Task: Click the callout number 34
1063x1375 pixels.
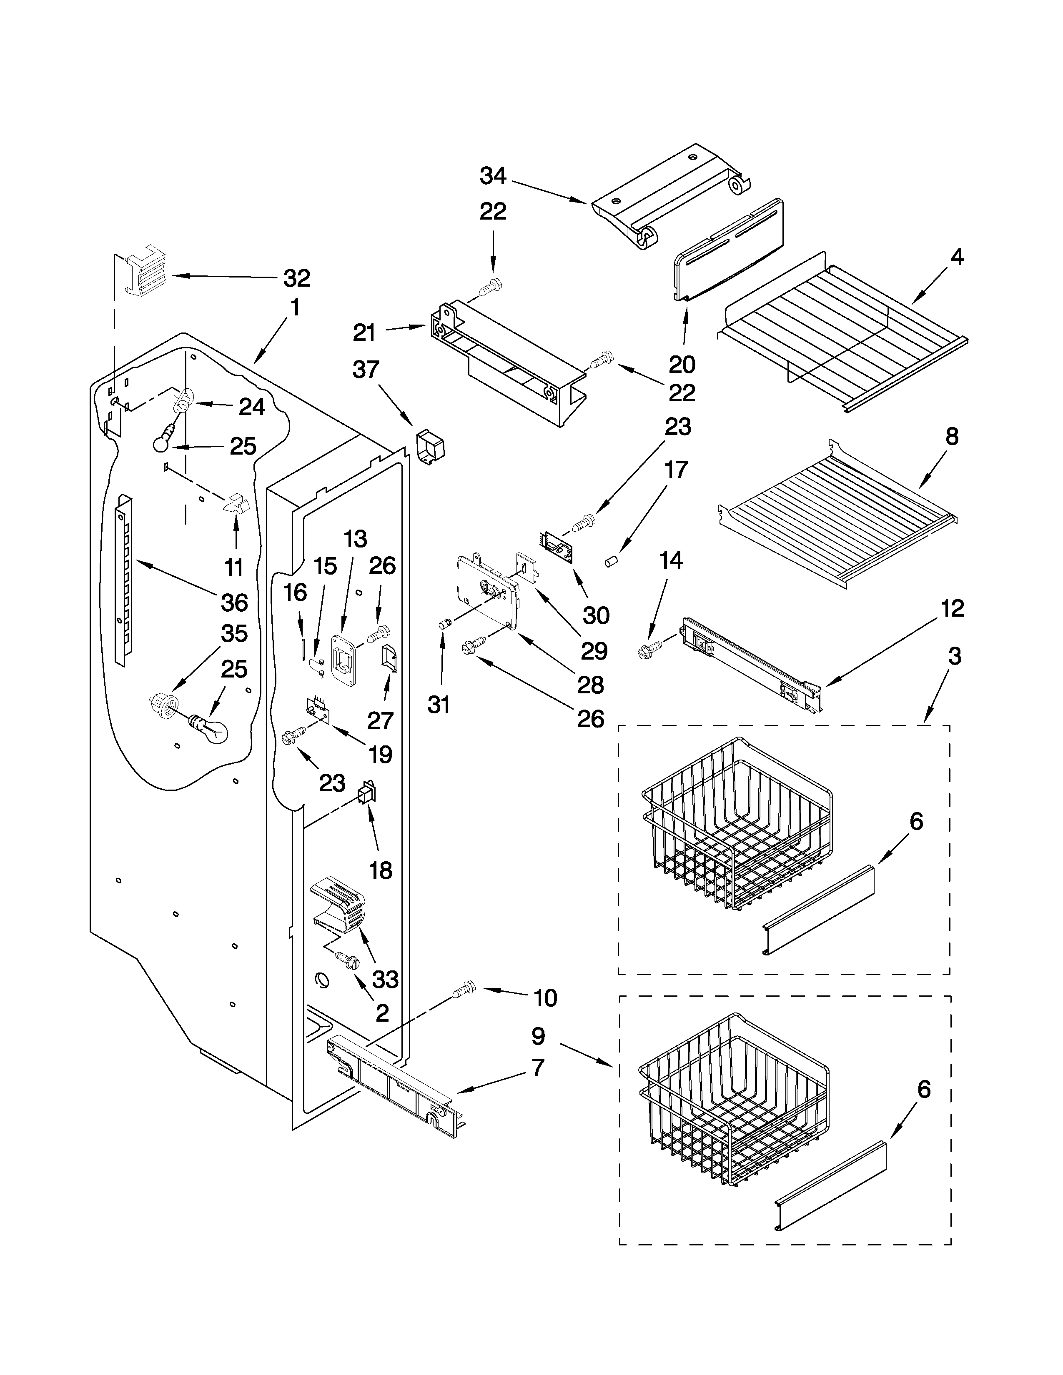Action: pos(493,176)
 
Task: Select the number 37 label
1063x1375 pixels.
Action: pos(366,370)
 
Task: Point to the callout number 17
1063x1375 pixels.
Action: pos(676,470)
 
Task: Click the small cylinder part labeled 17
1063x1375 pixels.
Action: pos(610,561)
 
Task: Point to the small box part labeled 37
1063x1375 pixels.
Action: pos(430,446)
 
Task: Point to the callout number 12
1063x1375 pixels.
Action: pos(953,608)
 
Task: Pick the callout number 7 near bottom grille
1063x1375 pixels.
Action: pos(537,1067)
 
